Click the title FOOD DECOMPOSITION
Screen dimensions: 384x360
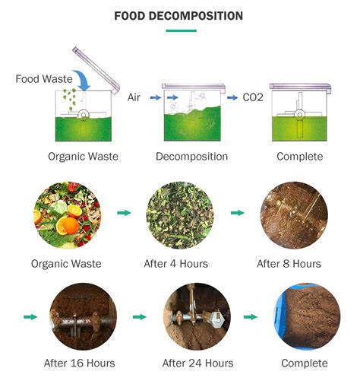(178, 15)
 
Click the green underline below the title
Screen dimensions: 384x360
(180, 31)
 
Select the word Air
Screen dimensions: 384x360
(134, 97)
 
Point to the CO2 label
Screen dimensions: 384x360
(254, 97)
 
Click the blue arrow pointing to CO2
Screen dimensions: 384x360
(230, 97)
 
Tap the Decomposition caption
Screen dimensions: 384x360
(191, 157)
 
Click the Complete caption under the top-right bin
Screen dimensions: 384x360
(300, 157)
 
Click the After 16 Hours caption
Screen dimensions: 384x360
(79, 363)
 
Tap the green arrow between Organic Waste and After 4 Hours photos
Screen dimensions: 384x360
(122, 213)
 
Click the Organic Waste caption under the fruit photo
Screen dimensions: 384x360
(66, 264)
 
